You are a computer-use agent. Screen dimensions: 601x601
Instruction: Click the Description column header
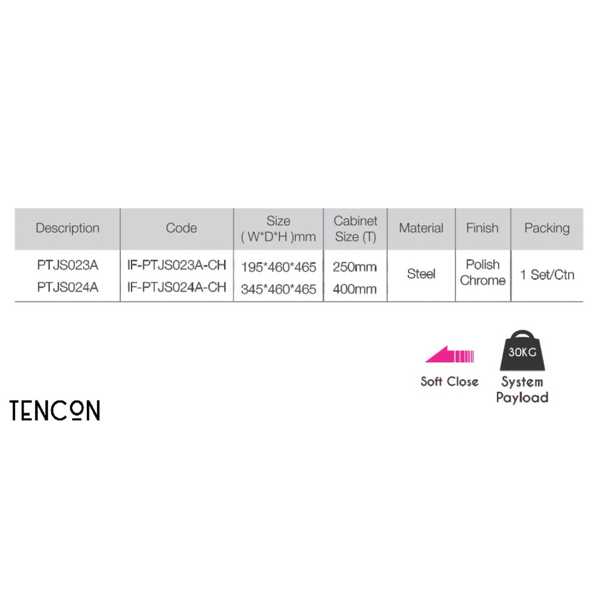[67, 228]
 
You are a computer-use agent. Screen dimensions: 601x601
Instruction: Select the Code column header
[181, 228]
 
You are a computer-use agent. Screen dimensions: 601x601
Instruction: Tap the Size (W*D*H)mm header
[278, 229]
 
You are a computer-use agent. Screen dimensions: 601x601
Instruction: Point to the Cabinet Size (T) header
[355, 229]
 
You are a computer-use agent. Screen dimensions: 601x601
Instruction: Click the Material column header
[421, 228]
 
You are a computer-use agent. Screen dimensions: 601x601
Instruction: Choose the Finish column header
[482, 228]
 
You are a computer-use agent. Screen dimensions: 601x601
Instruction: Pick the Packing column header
[546, 228]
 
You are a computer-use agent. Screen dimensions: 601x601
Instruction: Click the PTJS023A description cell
[67, 265]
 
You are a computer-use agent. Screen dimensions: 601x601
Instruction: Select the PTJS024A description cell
[67, 287]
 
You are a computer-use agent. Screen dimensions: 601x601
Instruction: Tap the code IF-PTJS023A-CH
[177, 265]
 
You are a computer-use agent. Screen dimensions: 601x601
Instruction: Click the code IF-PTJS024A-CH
[177, 287]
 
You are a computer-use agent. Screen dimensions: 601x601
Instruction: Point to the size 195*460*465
[278, 267]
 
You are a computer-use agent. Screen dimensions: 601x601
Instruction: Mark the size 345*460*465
[278, 289]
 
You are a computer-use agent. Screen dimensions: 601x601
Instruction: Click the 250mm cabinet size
[354, 267]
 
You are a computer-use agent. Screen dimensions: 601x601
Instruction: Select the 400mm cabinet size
[354, 289]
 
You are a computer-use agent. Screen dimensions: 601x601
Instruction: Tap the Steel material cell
[421, 274]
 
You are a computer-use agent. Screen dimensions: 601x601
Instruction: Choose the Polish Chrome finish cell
[482, 272]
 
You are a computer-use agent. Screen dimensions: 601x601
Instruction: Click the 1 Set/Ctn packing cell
[547, 275]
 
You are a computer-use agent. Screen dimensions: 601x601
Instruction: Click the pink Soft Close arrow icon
[449, 355]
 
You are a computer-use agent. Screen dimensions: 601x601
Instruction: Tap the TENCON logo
[55, 411]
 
